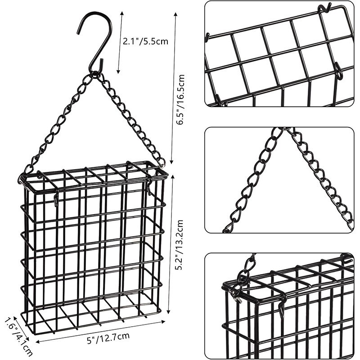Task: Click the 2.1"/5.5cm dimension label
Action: pos(145,41)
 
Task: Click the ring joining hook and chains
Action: pos(96,73)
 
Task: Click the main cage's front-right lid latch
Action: pos(148,187)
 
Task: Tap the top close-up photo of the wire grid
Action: pos(279,54)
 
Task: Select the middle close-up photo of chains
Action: pos(279,180)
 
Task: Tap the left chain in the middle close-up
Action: pos(252,180)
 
